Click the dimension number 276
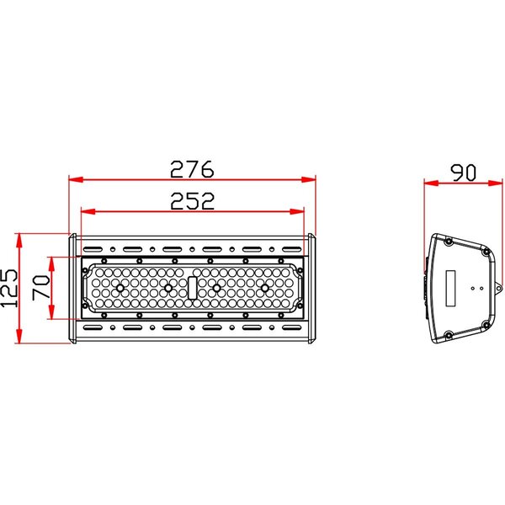[x=192, y=168]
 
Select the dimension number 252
[x=192, y=200]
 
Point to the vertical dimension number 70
[x=40, y=289]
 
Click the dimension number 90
[x=462, y=172]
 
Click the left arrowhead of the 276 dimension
[x=73, y=179]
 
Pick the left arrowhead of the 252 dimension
[x=84, y=211]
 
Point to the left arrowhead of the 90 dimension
[x=428, y=183]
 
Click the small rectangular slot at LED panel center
[x=193, y=288]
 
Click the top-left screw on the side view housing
[x=448, y=242]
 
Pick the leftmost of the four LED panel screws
[x=120, y=288]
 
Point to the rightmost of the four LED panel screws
[x=265, y=288]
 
